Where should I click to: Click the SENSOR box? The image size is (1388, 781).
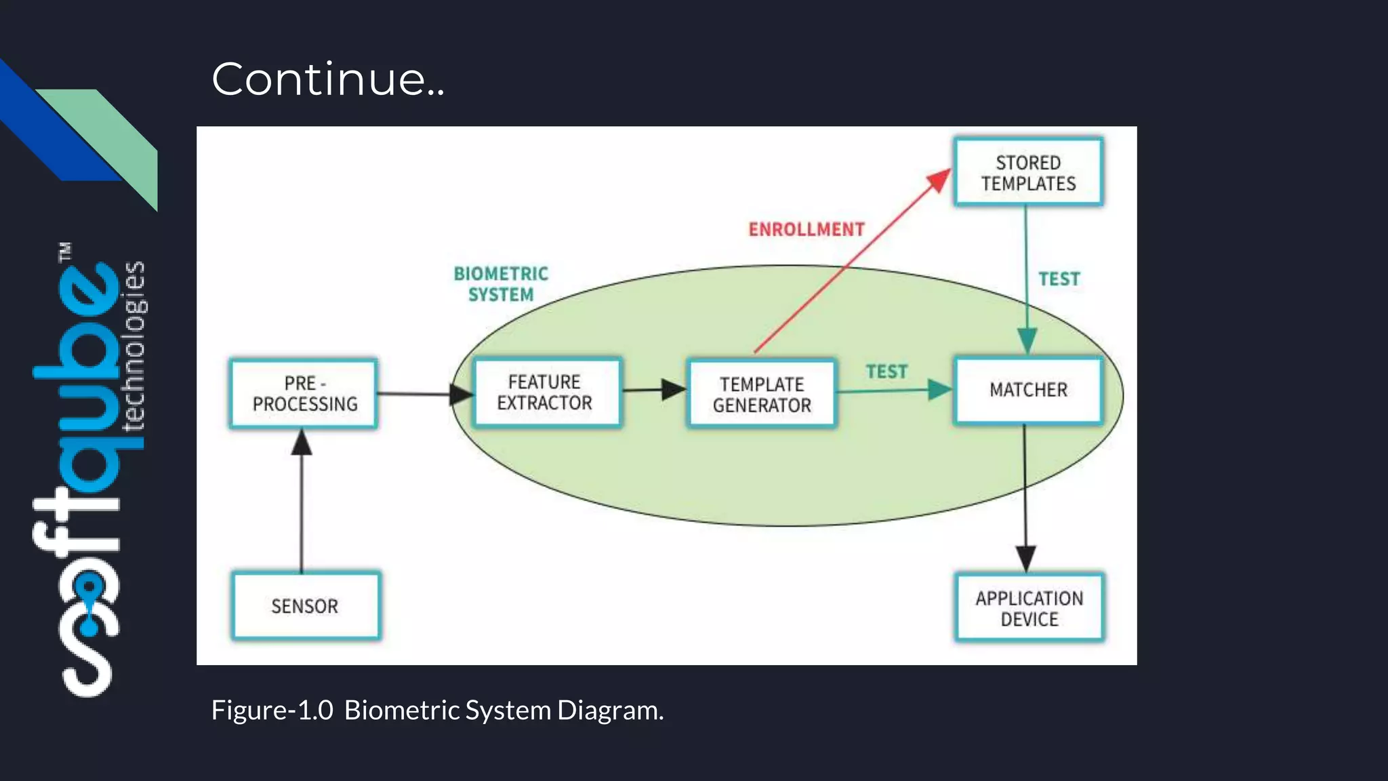tap(305, 606)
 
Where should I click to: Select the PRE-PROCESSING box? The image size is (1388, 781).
tap(304, 394)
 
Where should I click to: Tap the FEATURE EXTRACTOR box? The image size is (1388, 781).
tap(546, 393)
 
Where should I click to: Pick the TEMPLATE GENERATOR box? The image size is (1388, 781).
tap(762, 395)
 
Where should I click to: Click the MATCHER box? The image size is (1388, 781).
tap(1028, 390)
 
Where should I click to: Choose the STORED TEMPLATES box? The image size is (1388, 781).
tap(1028, 172)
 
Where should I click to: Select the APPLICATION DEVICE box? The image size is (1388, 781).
tap(1029, 608)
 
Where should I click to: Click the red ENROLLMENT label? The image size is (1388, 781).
tap(807, 229)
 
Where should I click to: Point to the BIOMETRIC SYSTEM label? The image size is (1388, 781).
tap(501, 283)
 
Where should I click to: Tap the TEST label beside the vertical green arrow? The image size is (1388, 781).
tap(1059, 279)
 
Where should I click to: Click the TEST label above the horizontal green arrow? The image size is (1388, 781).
tap(886, 372)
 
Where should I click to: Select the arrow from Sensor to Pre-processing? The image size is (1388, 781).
tap(302, 502)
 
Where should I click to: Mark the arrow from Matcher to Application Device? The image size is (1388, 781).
tap(1025, 502)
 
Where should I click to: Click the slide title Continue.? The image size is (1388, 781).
tap(328, 79)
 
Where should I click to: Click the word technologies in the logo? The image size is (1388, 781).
tap(133, 346)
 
